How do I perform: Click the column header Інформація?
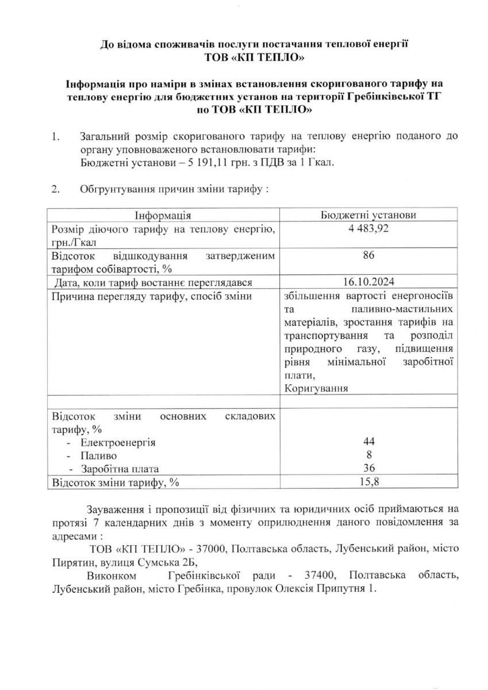tap(163, 214)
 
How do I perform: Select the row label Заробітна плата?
tap(120, 469)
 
